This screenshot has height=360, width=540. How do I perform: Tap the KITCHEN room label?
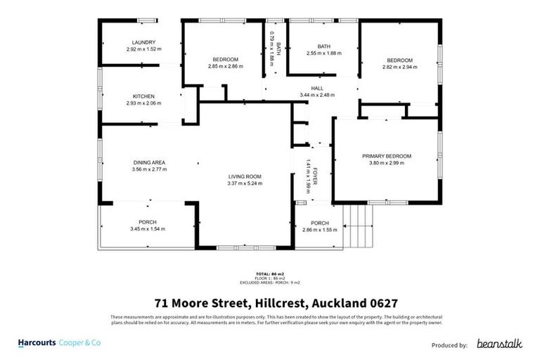143,96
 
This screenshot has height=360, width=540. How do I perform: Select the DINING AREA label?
148,162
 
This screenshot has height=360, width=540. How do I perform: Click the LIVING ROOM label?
245,176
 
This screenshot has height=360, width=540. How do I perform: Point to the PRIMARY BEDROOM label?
386,156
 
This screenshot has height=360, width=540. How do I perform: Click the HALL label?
317,88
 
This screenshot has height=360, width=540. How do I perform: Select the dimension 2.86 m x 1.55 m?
319,230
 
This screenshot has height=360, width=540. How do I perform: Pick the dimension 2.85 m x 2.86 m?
226,66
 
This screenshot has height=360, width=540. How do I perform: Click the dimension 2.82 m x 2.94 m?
399,67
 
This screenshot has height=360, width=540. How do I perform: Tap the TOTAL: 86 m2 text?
269,274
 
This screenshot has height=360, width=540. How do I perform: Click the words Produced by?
449,345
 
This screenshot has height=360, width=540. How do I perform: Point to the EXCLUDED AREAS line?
269,282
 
